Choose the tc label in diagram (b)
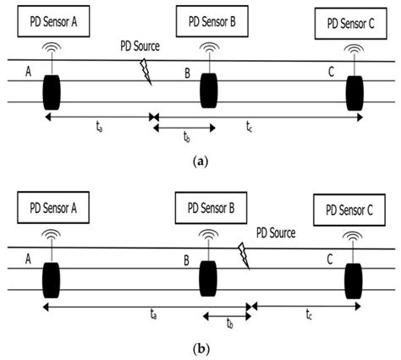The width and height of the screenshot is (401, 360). (307, 316)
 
